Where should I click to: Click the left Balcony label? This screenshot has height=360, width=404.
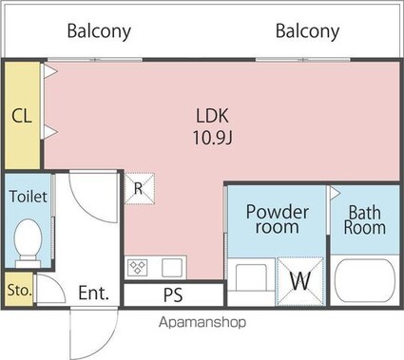pyautogui.click(x=99, y=31)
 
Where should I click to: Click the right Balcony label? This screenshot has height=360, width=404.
pyautogui.click(x=307, y=31)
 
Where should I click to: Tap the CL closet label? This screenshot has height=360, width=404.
pyautogui.click(x=22, y=116)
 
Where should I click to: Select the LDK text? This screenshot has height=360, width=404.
pyautogui.click(x=212, y=116)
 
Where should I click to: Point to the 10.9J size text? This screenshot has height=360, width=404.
pyautogui.click(x=213, y=138)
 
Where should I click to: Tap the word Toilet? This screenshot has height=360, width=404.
pyautogui.click(x=29, y=197)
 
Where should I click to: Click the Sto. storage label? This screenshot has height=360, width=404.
pyautogui.click(x=20, y=290)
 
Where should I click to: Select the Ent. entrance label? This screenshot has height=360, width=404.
pyautogui.click(x=93, y=293)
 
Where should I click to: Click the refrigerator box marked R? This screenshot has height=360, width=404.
pyautogui.click(x=140, y=189)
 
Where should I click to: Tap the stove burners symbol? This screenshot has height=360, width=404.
pyautogui.click(x=138, y=268)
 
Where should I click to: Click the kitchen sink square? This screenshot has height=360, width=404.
pyautogui.click(x=172, y=268)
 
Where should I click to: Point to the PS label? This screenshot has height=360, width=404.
pyautogui.click(x=173, y=294)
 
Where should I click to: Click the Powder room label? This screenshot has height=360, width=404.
pyautogui.click(x=278, y=219)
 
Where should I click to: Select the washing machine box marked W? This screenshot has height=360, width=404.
pyautogui.click(x=300, y=281)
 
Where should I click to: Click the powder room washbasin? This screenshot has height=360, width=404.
pyautogui.click(x=251, y=277)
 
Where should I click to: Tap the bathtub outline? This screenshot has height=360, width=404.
pyautogui.click(x=365, y=281)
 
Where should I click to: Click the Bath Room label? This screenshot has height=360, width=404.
pyautogui.click(x=365, y=220)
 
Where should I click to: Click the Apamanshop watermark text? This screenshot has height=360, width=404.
pyautogui.click(x=202, y=323)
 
